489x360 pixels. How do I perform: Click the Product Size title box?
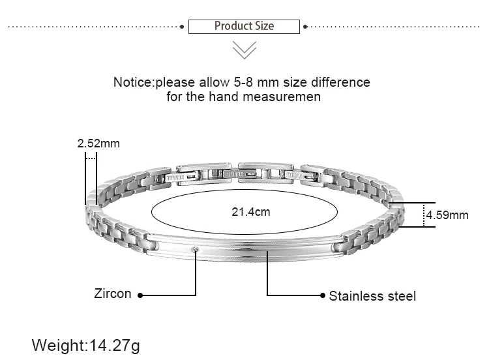click(x=244, y=27)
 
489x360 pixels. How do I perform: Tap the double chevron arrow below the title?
click(x=244, y=50)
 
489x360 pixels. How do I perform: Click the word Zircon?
click(x=113, y=294)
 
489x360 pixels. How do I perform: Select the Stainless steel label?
click(x=372, y=296)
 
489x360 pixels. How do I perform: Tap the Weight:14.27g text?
click(x=86, y=344)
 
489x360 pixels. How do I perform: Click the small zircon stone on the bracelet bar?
click(x=196, y=249)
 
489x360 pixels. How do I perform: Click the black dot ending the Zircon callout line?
click(x=140, y=295)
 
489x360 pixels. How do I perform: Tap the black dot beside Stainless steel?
click(x=322, y=295)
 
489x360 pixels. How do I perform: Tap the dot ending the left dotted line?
click(x=182, y=27)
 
